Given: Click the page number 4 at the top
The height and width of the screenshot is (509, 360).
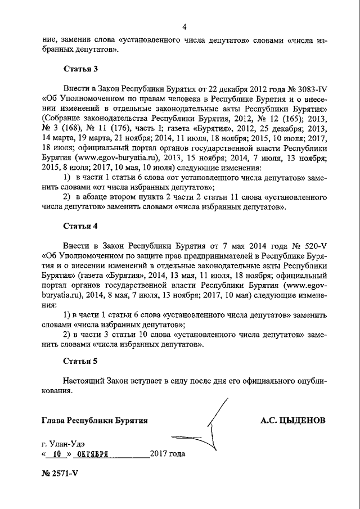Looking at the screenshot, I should (184, 26).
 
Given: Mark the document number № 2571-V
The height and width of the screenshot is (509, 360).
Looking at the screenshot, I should (60, 472).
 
